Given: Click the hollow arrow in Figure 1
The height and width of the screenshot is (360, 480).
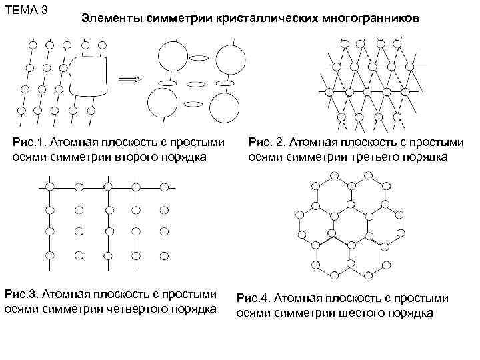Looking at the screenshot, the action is (x=133, y=79).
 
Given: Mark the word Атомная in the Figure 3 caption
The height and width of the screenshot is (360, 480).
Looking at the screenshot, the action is (x=73, y=294).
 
